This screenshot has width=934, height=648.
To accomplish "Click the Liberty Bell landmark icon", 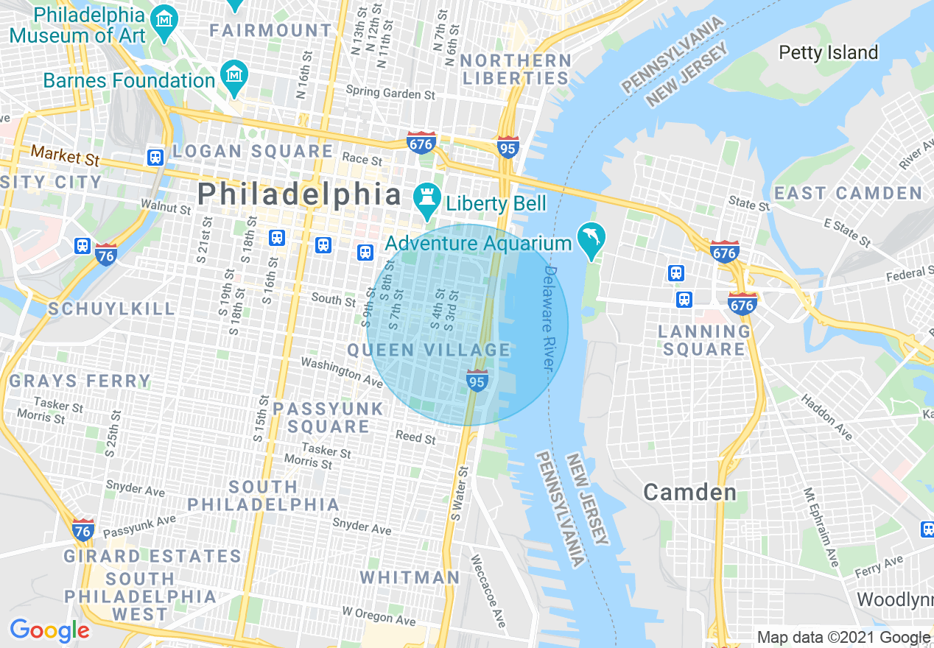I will coord(425,197).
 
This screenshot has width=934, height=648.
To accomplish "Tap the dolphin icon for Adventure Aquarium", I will coord(592,237).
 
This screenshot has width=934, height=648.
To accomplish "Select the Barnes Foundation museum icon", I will coord(234,75).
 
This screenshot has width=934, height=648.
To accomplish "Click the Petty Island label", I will coord(828,52).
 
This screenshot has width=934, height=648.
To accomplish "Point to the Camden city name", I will coord(689,492).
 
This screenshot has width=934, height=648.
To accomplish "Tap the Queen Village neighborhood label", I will coord(429,350).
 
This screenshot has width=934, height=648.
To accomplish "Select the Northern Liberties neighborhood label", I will coord(515,69).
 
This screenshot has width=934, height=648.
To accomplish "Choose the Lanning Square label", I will coord(703,340).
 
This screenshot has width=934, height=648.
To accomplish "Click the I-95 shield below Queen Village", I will coord(477,381).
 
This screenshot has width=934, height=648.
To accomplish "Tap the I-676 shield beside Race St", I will coord(421,143).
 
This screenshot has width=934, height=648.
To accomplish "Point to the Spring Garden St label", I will coord(390,94).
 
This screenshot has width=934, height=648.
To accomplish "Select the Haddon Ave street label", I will coord(826,418).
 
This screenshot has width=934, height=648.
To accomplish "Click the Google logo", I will coord(49,630).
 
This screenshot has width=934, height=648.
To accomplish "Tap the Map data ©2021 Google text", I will coord(843,638).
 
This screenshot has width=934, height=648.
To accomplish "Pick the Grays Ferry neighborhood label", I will coord(80,381).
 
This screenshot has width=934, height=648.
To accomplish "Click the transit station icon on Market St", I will coord(155,157).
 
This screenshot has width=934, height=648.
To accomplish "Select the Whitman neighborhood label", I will coord(410,577).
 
